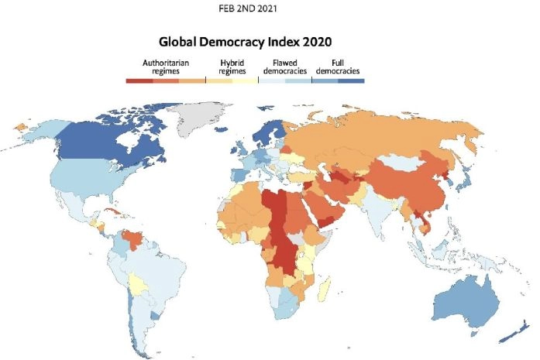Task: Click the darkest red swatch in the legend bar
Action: [139, 80]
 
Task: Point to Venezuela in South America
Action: [139, 231]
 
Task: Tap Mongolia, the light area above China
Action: [407, 163]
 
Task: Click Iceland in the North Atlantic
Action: [235, 132]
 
